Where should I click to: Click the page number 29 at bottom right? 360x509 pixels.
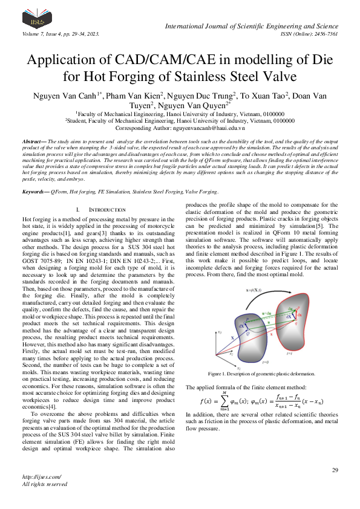(x=335, y=470)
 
